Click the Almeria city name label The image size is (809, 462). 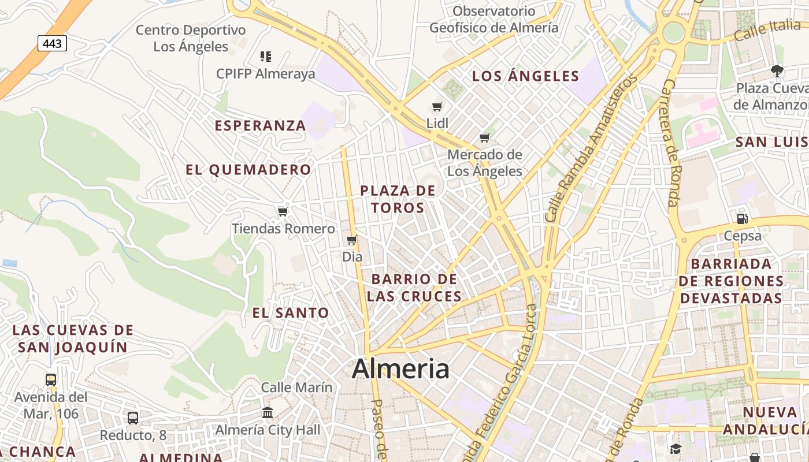(400, 368)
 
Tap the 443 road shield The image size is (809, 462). (53, 43)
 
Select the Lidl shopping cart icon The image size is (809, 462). (437, 106)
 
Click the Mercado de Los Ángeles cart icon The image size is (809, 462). (485, 137)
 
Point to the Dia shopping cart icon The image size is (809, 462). (352, 240)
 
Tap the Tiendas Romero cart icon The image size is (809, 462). (283, 211)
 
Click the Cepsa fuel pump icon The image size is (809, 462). (743, 218)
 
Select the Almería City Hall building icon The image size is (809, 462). (268, 412)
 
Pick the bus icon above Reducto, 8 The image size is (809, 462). (133, 418)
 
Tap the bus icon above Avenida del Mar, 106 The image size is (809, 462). (51, 379)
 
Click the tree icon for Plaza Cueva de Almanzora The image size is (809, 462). (777, 71)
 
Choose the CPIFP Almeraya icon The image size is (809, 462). (266, 57)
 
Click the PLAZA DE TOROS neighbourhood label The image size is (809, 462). (398, 199)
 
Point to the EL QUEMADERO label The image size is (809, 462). (248, 170)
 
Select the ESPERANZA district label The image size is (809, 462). (260, 125)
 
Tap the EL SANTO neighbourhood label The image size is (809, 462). (291, 313)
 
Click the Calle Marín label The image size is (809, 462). (297, 387)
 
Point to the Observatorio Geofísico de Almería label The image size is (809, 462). (494, 19)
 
